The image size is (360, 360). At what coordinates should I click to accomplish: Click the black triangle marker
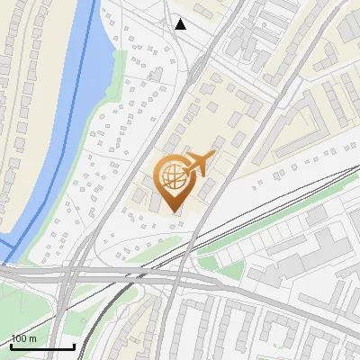coord(181,24)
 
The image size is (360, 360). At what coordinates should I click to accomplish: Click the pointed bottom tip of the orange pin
coord(174,213)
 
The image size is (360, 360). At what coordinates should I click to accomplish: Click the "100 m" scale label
coord(24,339)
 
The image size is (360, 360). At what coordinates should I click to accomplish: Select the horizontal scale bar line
coord(42,346)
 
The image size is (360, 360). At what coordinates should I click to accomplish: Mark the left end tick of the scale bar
coord(10,345)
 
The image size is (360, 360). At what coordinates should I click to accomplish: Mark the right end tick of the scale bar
coord(75,345)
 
